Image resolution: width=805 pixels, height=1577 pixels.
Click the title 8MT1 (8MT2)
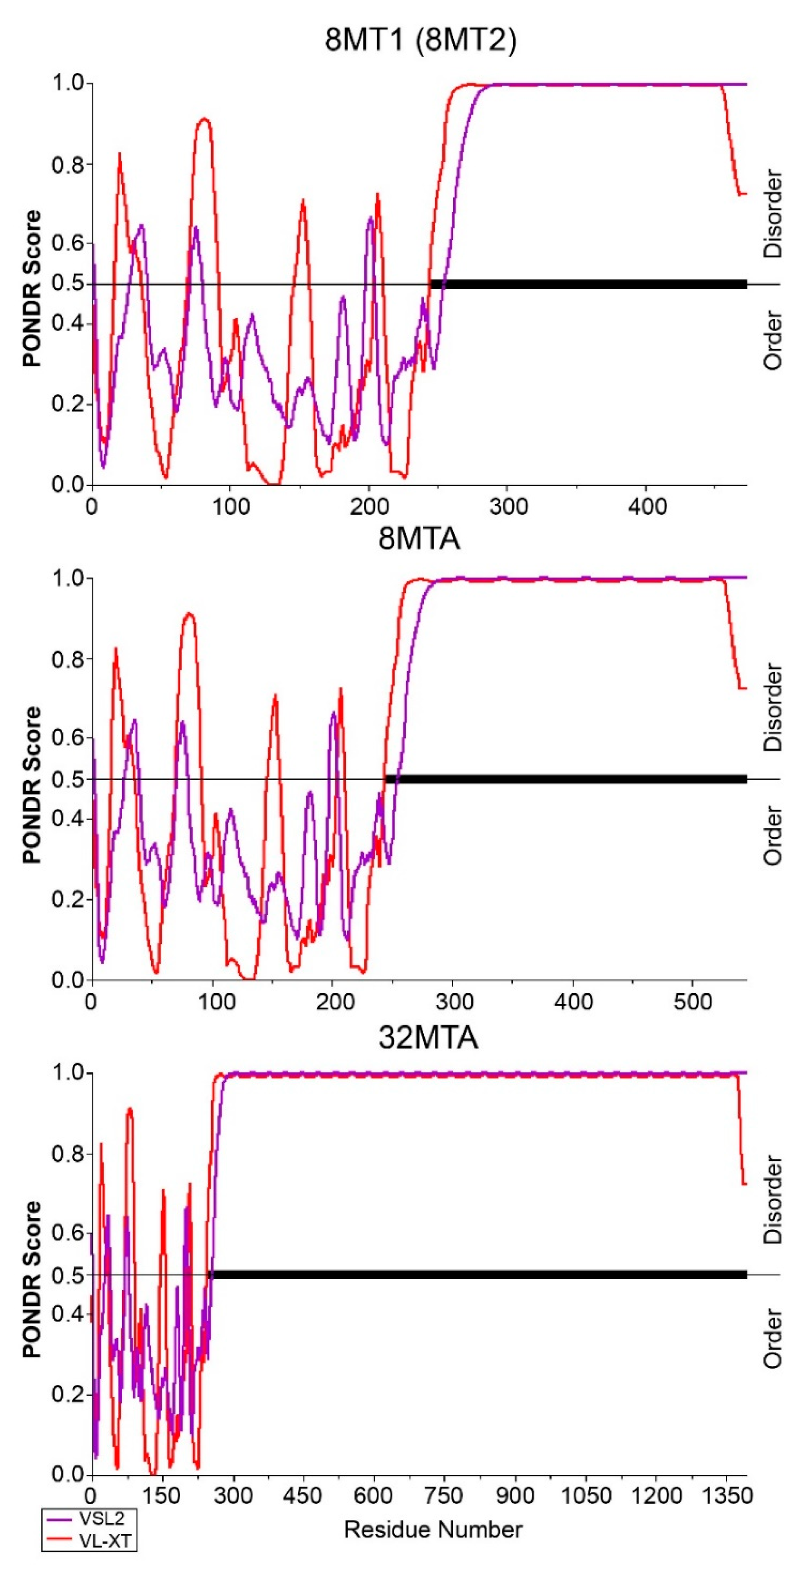(x=421, y=42)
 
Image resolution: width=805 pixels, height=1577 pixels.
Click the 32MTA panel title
(x=428, y=1037)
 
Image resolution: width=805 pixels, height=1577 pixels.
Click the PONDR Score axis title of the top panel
(x=32, y=288)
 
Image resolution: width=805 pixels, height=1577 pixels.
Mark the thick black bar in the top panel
(x=588, y=284)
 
